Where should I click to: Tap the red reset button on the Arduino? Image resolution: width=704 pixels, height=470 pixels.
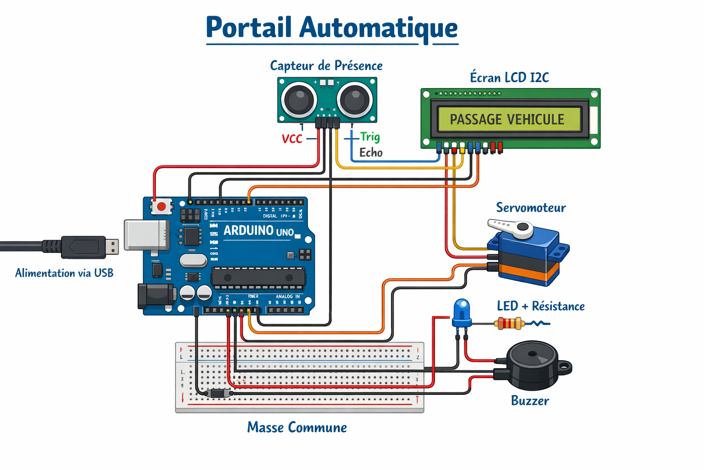(161, 207)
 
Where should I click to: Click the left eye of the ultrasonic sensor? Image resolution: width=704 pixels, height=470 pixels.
(299, 99)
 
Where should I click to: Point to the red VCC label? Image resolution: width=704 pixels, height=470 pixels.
(292, 139)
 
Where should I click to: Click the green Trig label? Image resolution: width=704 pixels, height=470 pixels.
(370, 137)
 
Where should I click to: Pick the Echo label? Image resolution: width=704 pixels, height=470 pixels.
(371, 152)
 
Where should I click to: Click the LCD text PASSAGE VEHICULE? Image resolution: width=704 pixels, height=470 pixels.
(507, 119)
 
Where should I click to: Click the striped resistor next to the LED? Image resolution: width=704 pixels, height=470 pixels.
(509, 324)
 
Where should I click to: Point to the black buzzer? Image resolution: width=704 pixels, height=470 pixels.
(533, 365)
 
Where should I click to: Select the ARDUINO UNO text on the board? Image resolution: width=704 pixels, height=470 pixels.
(258, 230)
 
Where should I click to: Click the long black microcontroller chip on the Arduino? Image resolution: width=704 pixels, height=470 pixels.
(258, 277)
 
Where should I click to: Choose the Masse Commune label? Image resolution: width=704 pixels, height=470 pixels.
(297, 427)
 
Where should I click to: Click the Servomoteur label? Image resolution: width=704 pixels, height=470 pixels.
(531, 207)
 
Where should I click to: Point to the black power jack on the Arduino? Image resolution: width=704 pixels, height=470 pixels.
(155, 296)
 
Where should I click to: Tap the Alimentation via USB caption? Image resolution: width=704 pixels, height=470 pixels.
(64, 273)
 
